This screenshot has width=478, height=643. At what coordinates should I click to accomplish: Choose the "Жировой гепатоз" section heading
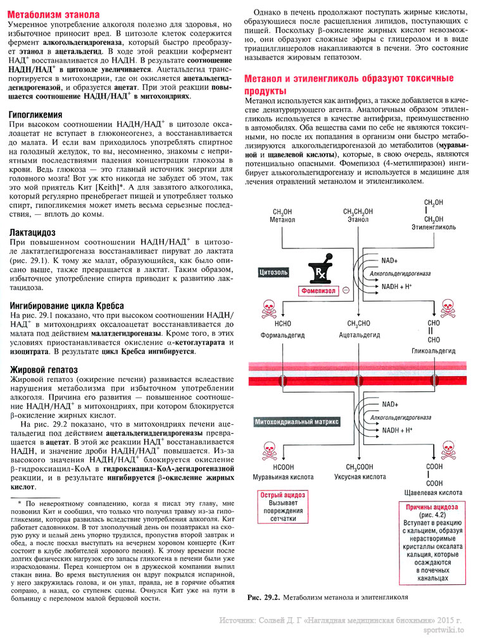pyautogui.click(x=42, y=369)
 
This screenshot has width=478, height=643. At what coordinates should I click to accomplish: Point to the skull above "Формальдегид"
pyautogui.click(x=265, y=309)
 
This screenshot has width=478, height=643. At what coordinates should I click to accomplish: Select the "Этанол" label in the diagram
pyautogui.click(x=358, y=219)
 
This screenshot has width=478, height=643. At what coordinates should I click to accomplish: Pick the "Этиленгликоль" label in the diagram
pyautogui.click(x=434, y=226)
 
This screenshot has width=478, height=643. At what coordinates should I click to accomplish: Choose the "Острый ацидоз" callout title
pyautogui.click(x=283, y=495)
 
